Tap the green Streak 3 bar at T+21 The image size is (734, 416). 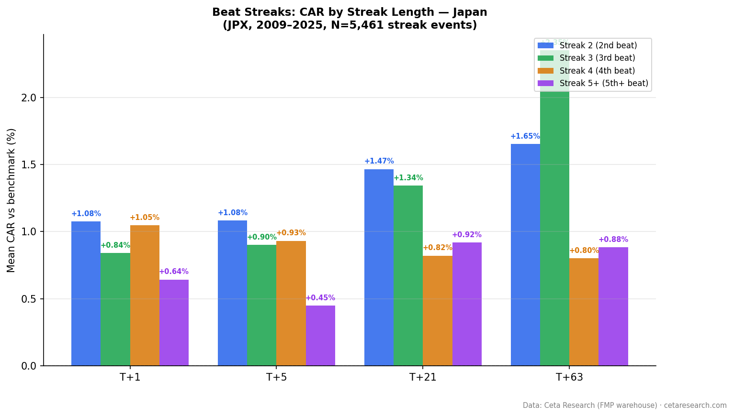point(408,275)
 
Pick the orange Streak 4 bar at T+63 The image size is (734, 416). point(584,312)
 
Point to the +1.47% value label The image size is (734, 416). point(379,161)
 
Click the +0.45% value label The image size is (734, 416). point(320,298)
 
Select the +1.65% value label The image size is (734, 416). point(525,136)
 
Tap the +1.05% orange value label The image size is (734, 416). point(144,218)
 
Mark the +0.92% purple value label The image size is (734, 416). point(466,235)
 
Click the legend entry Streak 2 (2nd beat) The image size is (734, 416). point(598,45)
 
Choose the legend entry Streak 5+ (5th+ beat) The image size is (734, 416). point(604,83)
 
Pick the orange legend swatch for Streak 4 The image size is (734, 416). point(545,71)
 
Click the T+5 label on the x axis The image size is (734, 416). point(276,377)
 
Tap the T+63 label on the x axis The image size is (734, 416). point(569,377)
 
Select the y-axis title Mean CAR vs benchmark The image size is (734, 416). point(11,200)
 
